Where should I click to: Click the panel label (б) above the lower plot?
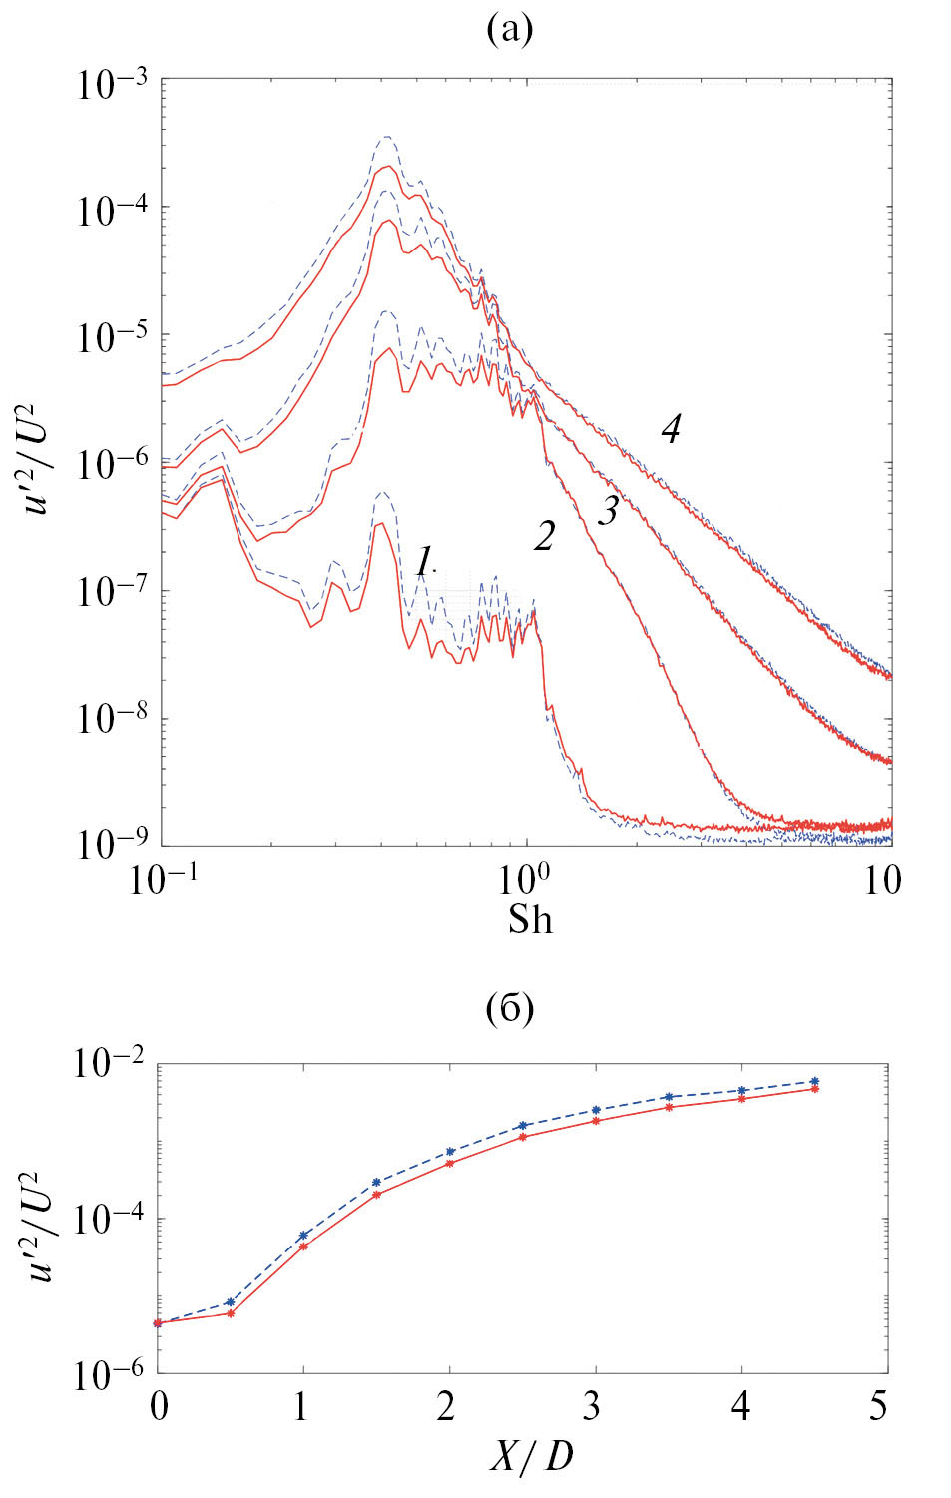[x=509, y=1009]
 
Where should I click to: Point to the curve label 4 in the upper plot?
[x=671, y=429]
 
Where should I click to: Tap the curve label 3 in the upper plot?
[x=608, y=510]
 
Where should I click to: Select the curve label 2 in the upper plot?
[x=544, y=537]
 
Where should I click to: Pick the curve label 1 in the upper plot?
[x=424, y=562]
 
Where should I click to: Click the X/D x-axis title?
[x=532, y=1458]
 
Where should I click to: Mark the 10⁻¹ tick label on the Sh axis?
[x=164, y=879]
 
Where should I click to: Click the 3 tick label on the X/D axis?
[x=593, y=1407]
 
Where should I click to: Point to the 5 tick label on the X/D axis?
[x=878, y=1407]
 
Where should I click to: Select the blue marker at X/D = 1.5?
[x=376, y=1182]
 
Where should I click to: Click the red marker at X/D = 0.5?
[x=231, y=1313]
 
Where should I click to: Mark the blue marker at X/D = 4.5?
[x=814, y=1081]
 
